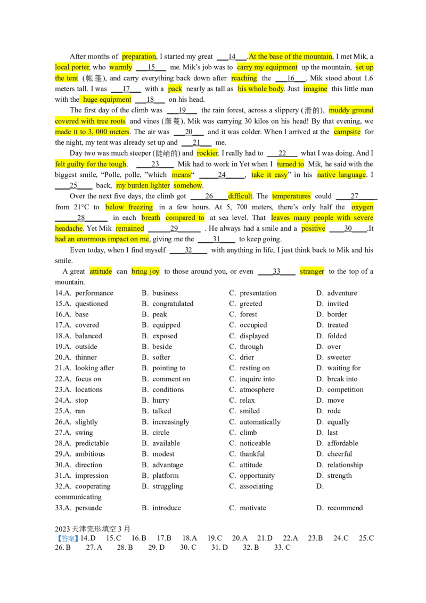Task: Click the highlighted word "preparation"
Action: (x=139, y=56)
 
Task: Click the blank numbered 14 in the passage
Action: (x=232, y=57)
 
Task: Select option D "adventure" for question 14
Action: (x=337, y=293)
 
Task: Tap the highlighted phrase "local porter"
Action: (x=72, y=67)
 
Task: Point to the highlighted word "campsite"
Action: (x=347, y=132)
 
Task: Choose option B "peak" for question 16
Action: (x=154, y=315)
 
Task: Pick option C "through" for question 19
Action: (x=247, y=347)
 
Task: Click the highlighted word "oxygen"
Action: (x=362, y=207)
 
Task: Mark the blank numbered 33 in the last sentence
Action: (x=276, y=272)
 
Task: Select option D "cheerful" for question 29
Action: (x=334, y=454)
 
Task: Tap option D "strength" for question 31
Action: (x=334, y=476)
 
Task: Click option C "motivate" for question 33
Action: (x=248, y=508)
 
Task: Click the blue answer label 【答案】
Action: (x=67, y=539)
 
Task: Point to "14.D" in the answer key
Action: (x=88, y=539)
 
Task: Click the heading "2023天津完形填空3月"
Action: (x=93, y=529)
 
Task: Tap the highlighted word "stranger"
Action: (x=312, y=272)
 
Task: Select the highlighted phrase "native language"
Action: (x=341, y=175)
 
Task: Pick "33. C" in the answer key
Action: (x=282, y=547)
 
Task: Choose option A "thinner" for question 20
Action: (x=76, y=357)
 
